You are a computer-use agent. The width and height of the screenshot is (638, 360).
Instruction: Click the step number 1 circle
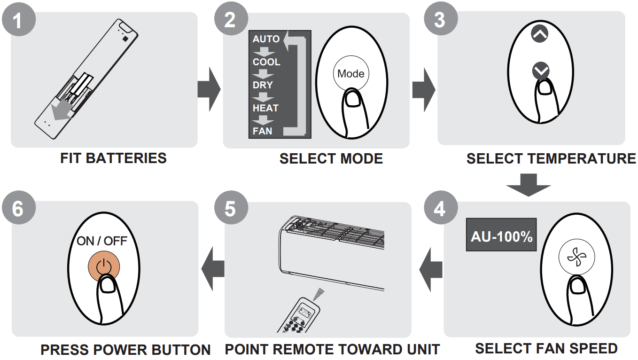pos(18,20)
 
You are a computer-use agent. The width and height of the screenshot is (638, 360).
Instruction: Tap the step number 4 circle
pos(440,209)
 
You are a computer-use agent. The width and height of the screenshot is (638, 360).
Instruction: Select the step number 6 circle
pos(18,209)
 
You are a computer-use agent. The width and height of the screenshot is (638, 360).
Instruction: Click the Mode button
pos(350,74)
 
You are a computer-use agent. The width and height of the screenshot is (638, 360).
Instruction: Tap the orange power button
pos(103,267)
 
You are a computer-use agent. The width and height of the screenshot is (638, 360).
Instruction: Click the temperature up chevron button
pos(539,34)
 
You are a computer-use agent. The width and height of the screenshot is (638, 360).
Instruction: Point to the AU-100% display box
pos(501,235)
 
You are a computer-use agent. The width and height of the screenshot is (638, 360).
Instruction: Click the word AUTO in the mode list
pos(266,39)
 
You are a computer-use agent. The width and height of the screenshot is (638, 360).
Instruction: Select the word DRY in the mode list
pos(262,85)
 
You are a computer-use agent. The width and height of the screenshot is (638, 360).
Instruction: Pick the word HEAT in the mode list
pos(265,108)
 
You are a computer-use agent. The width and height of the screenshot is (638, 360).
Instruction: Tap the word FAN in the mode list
pos(262,131)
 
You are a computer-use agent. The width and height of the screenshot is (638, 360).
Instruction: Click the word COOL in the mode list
pos(266,62)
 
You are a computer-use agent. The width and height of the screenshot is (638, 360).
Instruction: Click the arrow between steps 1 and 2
pos(208,89)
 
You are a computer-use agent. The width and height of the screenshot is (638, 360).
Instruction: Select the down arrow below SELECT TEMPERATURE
pos(528,185)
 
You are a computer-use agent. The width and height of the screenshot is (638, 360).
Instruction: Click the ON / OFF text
pos(102,241)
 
